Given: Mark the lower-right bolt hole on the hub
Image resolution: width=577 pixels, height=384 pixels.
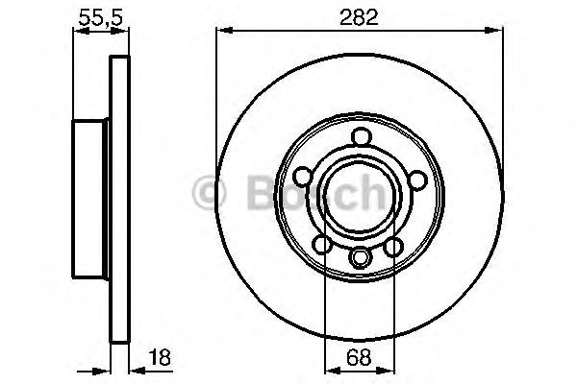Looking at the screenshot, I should tap(393, 248).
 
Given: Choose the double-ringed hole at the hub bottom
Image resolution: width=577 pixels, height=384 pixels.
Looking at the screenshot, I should tap(360, 257).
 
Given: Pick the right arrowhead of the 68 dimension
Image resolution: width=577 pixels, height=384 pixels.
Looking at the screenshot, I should tap(389, 370).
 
